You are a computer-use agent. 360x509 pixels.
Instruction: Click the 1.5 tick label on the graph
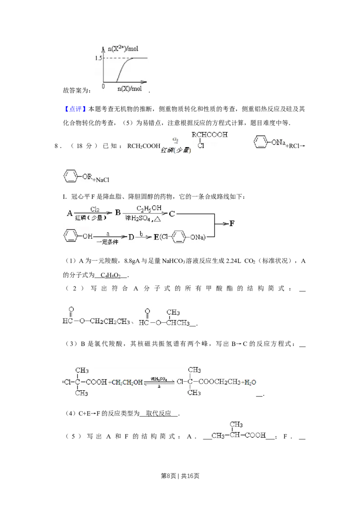click(x=99, y=58)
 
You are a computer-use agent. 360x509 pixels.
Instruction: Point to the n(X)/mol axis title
click(x=129, y=89)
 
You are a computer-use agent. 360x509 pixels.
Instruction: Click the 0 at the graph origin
click(x=103, y=86)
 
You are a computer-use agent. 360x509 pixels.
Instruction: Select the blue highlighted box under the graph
click(x=75, y=109)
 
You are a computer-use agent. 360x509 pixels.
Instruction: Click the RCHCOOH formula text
click(x=210, y=134)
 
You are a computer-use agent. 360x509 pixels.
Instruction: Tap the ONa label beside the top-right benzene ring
click(x=278, y=143)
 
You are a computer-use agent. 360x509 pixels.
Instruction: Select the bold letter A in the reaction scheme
click(x=69, y=213)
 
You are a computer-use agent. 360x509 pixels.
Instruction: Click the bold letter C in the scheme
click(x=171, y=214)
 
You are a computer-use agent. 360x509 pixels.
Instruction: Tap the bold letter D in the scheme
click(x=131, y=237)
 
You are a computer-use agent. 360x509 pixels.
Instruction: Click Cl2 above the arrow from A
click(x=95, y=209)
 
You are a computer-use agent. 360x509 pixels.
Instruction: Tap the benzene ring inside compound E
click(x=179, y=237)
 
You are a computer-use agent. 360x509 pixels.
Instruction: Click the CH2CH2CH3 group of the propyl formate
click(x=110, y=321)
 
